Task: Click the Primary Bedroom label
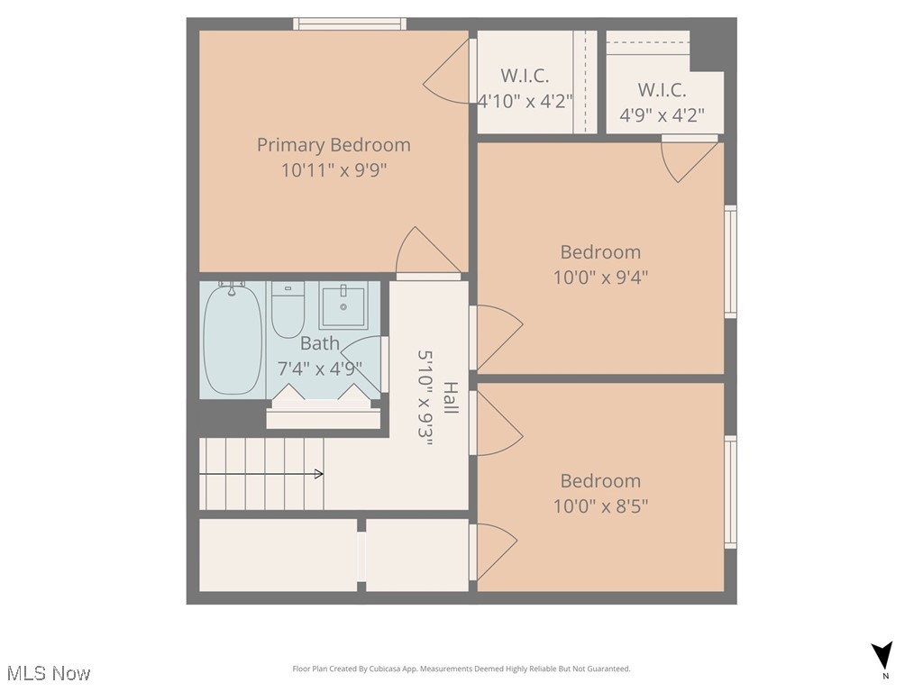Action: [334, 144]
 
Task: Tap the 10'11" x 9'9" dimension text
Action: [334, 169]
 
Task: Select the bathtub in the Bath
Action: [233, 340]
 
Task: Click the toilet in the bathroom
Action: [288, 310]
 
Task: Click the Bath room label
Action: [320, 343]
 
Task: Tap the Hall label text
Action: [450, 398]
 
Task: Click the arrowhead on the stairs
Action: [318, 473]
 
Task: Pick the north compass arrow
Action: [883, 656]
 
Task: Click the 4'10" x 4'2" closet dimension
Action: [525, 101]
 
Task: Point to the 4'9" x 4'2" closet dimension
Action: [662, 115]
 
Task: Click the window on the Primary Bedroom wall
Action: [349, 24]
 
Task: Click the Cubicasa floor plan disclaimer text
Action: [461, 669]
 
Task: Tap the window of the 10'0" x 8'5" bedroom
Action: [731, 491]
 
